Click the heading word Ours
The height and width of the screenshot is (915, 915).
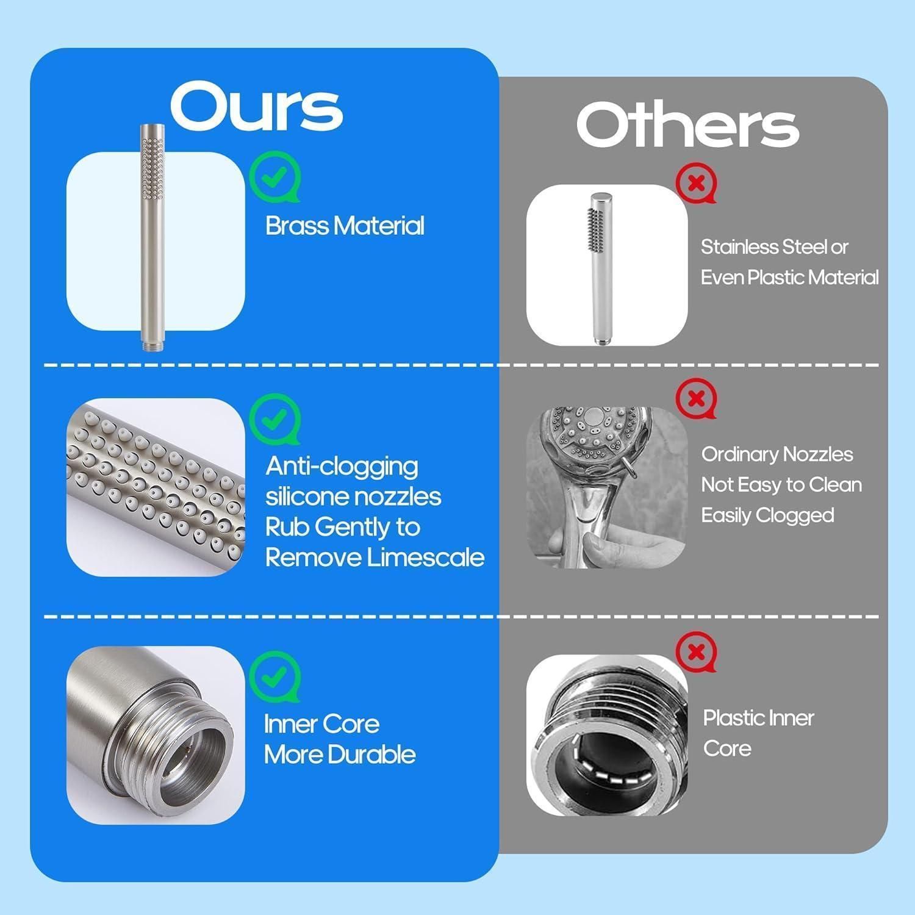[256, 107]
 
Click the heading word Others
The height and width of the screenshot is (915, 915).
[687, 124]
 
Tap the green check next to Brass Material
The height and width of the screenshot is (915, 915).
[275, 177]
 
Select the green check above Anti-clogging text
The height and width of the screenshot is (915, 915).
[275, 419]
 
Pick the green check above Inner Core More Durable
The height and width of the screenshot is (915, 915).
[275, 676]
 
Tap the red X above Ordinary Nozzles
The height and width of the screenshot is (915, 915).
[696, 399]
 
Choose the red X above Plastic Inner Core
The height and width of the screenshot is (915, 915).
[696, 653]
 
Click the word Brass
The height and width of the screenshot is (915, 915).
[296, 226]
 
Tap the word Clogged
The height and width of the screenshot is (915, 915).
[795, 516]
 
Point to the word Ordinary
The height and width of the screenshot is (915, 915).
[739, 455]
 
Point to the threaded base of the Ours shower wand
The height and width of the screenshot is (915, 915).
[149, 345]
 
